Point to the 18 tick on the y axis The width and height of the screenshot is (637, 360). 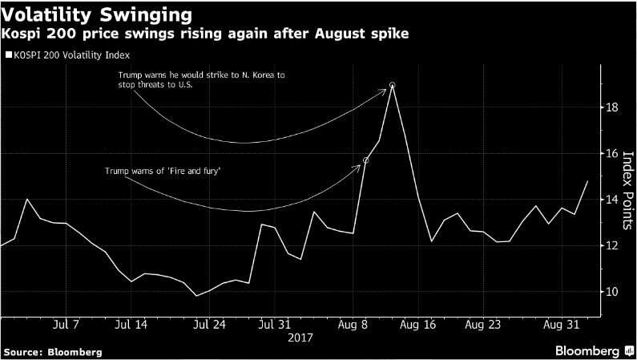tap(611, 107)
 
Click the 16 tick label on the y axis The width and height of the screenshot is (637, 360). tap(611, 153)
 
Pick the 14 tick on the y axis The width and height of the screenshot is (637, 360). tap(611, 200)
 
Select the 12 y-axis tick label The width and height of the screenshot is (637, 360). tap(611, 245)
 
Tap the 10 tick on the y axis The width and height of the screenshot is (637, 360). tap(611, 292)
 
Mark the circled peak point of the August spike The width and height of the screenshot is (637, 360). tap(392, 85)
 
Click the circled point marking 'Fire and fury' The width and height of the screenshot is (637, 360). tap(365, 160)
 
